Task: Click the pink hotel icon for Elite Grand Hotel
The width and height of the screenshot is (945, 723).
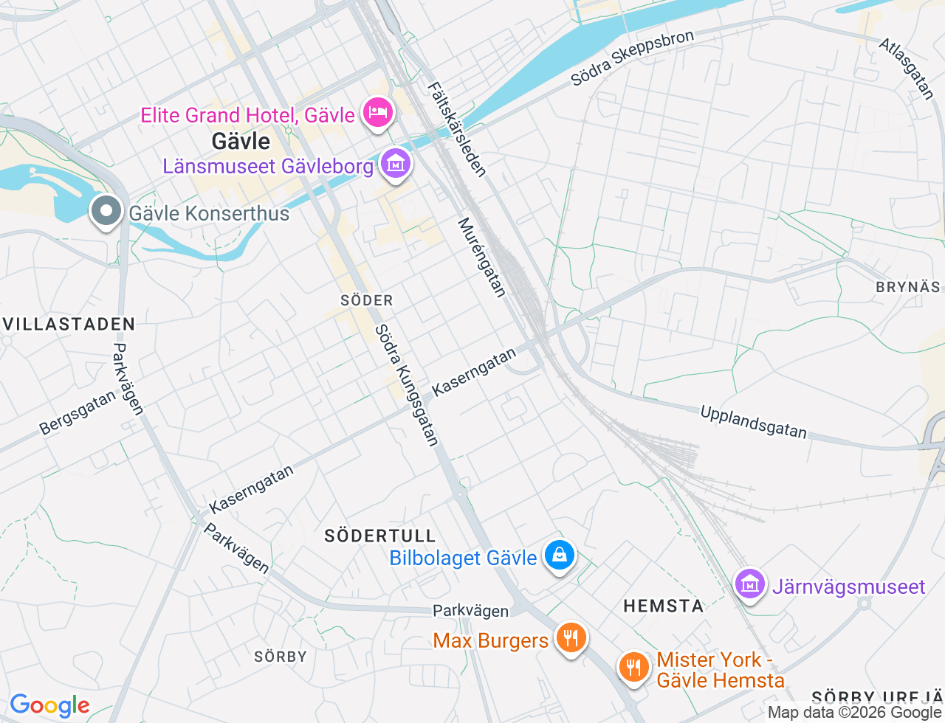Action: tap(378, 114)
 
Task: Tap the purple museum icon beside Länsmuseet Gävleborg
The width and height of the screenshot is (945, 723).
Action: tap(396, 164)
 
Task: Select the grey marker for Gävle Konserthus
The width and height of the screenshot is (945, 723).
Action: tap(106, 212)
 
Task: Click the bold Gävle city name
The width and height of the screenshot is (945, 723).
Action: tap(241, 141)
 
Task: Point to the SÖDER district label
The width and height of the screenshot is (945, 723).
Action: tap(367, 300)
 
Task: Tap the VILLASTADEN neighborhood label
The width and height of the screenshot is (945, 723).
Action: tap(69, 324)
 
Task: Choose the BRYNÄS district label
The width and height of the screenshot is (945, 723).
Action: tap(908, 287)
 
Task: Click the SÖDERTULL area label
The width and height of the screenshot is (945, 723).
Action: tap(380, 536)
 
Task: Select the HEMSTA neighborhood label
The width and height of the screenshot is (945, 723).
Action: tap(663, 606)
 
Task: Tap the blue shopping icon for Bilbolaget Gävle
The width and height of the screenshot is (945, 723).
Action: tap(560, 556)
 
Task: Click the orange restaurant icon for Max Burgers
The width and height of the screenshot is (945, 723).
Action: tap(571, 638)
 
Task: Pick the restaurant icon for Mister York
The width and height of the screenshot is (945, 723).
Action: tap(633, 668)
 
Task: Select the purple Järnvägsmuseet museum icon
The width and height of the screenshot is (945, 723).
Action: tap(750, 584)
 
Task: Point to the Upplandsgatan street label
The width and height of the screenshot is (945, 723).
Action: tap(753, 422)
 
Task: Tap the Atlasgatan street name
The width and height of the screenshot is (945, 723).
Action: tap(907, 69)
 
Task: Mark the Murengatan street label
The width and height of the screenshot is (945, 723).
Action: tap(482, 257)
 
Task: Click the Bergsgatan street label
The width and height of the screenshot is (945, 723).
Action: tap(78, 412)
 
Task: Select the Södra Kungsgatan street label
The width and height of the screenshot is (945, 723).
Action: tap(407, 386)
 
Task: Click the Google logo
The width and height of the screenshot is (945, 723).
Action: tap(49, 706)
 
